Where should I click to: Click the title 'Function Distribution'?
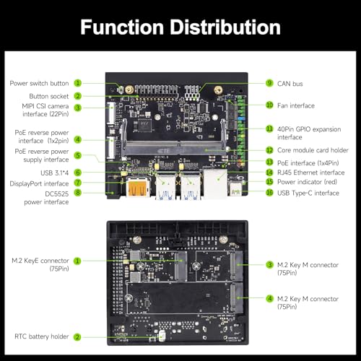(x=180, y=27)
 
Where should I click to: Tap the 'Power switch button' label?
(x=40, y=83)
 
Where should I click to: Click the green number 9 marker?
(x=269, y=83)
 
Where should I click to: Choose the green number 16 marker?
(x=269, y=193)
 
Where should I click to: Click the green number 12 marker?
(x=269, y=149)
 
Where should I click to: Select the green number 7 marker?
(x=77, y=183)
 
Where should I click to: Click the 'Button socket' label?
(x=49, y=95)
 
